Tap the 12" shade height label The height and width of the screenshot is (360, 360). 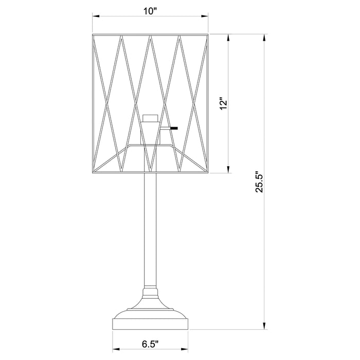click(x=223, y=104)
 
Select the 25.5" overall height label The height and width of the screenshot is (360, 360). click(x=260, y=182)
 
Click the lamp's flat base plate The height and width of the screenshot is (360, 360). click(x=150, y=323)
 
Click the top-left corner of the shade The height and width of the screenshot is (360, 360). click(x=93, y=35)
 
